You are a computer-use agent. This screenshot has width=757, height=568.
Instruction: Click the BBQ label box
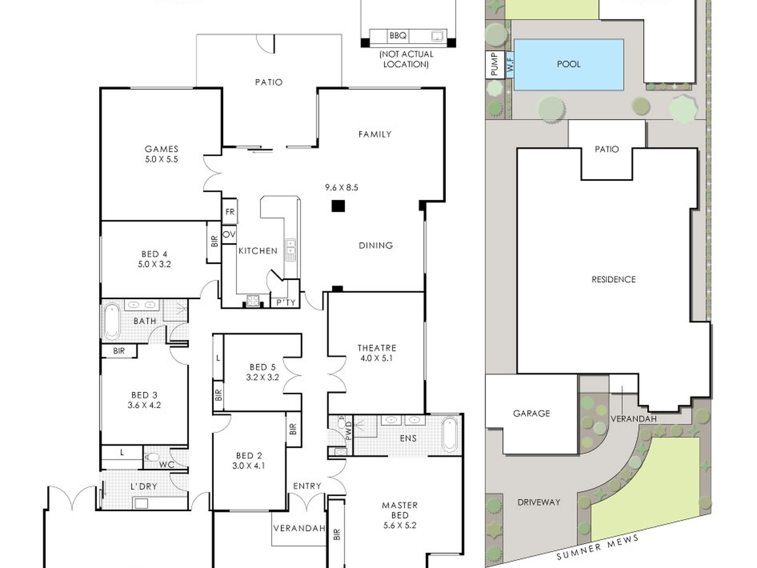point(398,35)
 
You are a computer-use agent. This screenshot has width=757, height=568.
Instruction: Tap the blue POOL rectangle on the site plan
point(569,64)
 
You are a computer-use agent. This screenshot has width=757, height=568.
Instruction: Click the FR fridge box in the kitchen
point(230,211)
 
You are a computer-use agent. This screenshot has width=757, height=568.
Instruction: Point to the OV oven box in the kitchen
point(229,234)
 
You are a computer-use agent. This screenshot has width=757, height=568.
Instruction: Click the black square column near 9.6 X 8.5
point(338,206)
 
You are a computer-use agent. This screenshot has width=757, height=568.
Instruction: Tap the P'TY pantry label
point(286,303)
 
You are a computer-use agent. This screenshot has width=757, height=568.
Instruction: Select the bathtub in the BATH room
point(112,321)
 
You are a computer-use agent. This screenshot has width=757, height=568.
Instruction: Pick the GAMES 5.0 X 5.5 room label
point(161,154)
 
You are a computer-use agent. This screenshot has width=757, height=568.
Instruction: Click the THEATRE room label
point(377,348)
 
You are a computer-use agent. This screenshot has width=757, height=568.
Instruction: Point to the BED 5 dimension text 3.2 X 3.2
point(262,377)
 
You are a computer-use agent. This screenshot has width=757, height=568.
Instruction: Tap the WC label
point(167,465)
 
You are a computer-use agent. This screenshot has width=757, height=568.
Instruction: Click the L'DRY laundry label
point(144,486)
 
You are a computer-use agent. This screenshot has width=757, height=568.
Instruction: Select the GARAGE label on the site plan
point(531,413)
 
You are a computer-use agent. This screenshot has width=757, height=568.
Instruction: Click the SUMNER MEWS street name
point(597,547)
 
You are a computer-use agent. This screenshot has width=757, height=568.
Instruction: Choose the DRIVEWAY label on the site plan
point(539,502)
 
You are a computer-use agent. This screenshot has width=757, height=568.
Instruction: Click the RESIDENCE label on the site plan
point(614,279)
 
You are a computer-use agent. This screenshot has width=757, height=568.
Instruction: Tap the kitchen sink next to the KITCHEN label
point(290,250)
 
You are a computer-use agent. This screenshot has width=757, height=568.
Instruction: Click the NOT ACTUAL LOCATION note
point(406,59)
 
